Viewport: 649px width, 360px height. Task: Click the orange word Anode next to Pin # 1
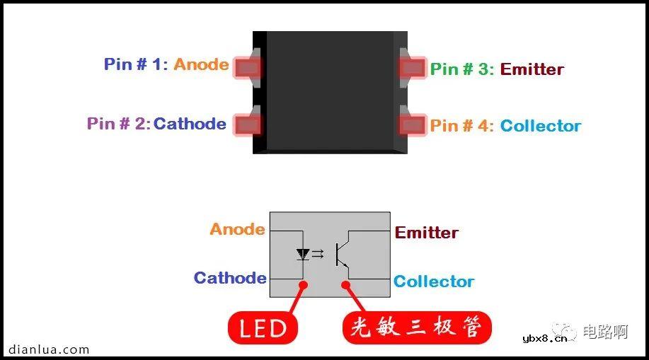point(201,64)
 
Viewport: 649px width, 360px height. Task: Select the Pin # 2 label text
point(118,124)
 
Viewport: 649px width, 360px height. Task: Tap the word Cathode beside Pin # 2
point(190,124)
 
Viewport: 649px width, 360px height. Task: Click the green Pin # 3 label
point(462,69)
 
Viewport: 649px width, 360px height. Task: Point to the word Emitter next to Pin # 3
point(532,69)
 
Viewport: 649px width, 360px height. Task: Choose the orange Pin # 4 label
point(462,126)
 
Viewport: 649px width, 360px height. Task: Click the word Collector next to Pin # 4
point(540,126)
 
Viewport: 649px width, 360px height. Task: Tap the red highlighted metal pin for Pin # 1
point(247,67)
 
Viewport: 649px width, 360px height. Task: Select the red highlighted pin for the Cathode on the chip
point(247,124)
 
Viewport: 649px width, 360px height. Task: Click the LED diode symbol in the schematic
point(303,253)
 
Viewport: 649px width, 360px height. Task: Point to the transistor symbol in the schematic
point(342,254)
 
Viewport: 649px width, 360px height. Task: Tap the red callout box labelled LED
point(263,328)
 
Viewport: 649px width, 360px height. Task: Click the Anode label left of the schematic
point(237,229)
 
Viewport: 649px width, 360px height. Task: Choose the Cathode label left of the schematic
point(230,278)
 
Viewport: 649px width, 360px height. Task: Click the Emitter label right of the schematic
point(426,233)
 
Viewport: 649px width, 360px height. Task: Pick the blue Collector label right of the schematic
point(433,281)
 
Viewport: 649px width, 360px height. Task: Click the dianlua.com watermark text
point(49,349)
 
